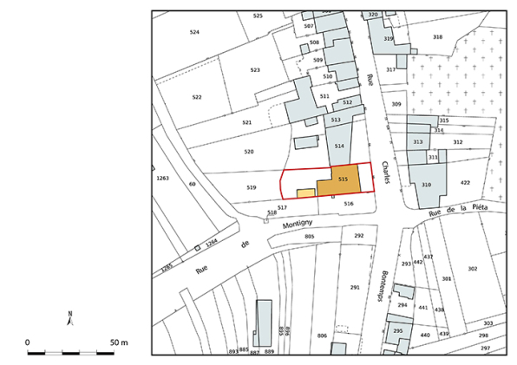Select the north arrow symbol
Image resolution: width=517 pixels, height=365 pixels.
point(70,318)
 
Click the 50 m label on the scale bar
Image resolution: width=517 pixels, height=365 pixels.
point(118,343)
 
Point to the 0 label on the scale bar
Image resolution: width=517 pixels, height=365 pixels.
point(27,343)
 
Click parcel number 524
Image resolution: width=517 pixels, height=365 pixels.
point(194,32)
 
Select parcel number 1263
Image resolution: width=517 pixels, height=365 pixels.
point(162,178)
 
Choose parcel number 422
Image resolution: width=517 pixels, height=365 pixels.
point(465,183)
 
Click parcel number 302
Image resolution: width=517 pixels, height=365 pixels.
point(472,269)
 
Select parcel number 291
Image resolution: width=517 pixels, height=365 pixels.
point(354,287)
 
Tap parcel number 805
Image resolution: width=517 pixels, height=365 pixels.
point(310,236)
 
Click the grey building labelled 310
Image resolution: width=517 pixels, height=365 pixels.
point(426,186)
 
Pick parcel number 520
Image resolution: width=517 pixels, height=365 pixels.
point(249,152)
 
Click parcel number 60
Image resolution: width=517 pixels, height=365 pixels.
point(193,185)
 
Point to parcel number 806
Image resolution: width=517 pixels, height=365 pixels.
point(322,336)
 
